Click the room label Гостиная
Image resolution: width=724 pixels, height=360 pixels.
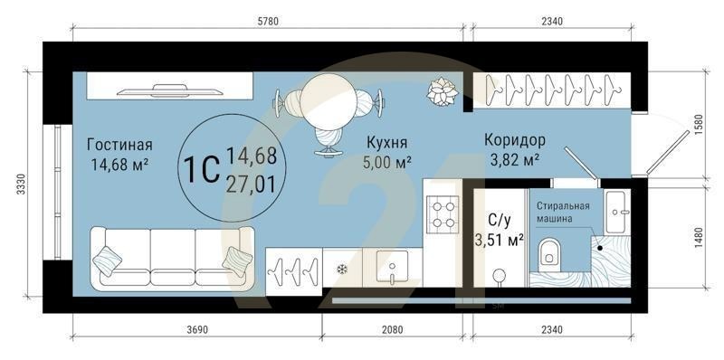[x=119, y=145]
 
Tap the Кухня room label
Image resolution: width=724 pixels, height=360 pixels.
[x=386, y=142]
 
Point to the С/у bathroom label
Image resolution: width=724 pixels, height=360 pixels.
[x=500, y=219]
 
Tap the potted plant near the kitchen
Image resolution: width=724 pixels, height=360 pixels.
[x=443, y=90]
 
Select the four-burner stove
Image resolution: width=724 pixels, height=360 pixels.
[x=443, y=214]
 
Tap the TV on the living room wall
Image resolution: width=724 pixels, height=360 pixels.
[x=171, y=89]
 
